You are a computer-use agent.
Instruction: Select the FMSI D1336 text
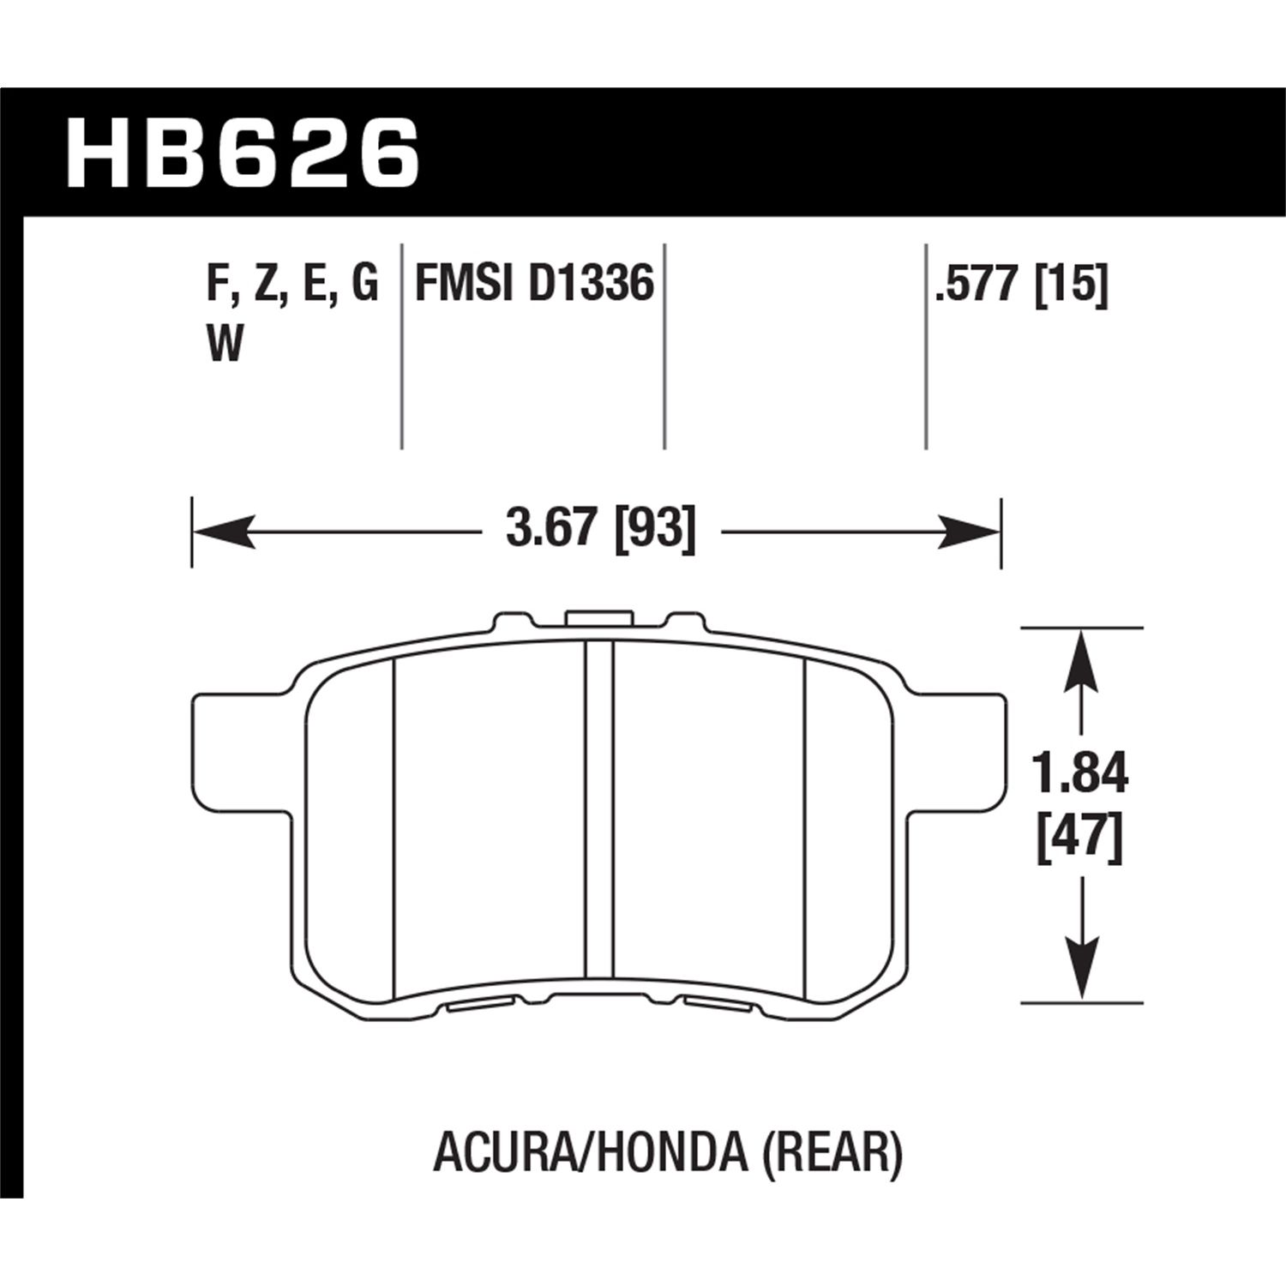click(534, 284)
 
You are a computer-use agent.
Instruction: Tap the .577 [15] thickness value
click(1021, 284)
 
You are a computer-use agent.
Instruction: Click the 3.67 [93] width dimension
click(599, 530)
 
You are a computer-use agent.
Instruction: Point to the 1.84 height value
click(1079, 772)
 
